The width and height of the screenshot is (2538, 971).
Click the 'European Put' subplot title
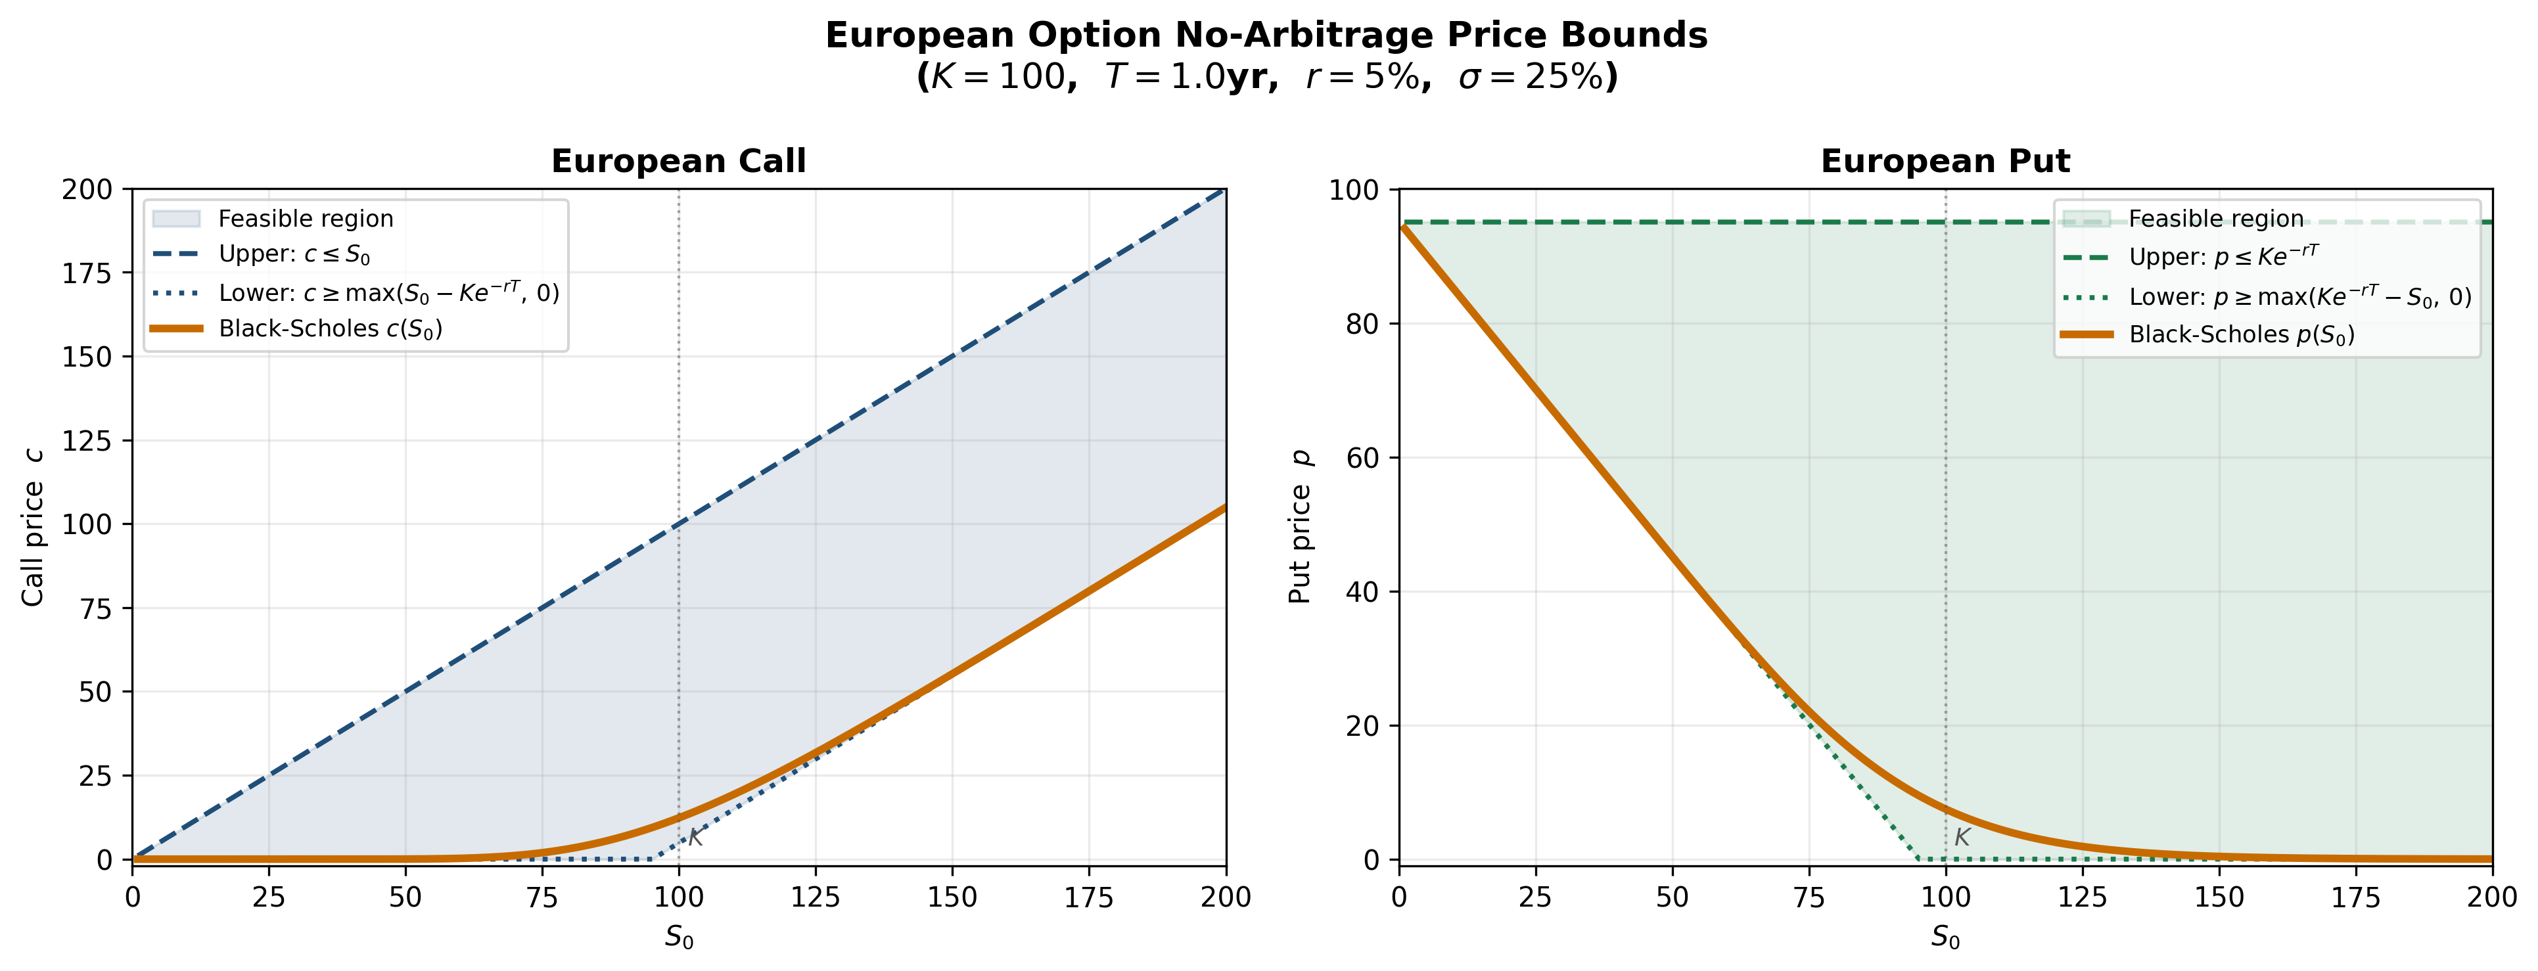click(1945, 162)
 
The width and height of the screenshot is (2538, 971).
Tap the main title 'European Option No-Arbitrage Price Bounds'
click(1266, 35)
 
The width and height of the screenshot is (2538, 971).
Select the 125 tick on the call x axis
click(815, 897)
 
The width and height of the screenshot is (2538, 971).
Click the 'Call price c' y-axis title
click(34, 527)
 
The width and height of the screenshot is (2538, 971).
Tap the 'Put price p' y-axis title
click(1301, 527)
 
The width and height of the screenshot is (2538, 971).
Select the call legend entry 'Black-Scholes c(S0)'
click(330, 329)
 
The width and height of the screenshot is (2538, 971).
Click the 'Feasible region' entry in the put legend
click(2216, 219)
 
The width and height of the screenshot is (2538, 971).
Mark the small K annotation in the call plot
click(695, 838)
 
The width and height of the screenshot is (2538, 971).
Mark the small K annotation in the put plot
click(1962, 838)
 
